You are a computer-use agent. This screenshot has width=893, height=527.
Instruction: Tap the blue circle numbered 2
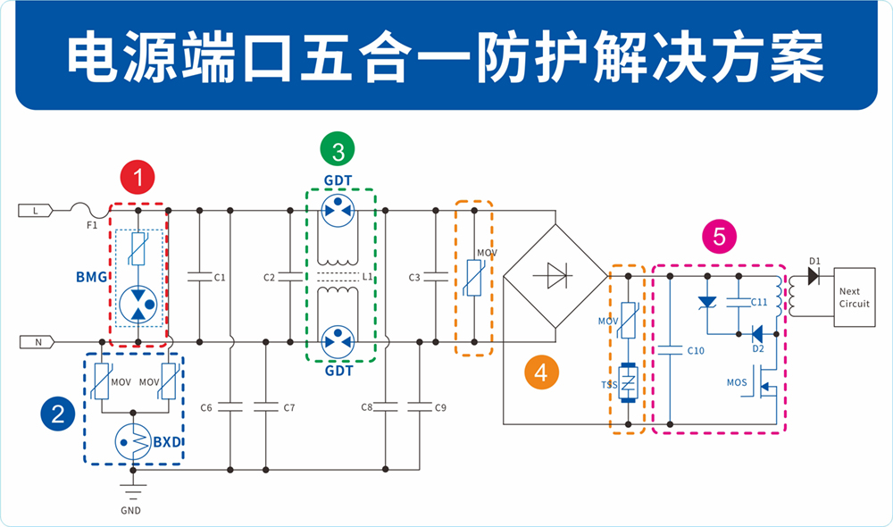(58, 413)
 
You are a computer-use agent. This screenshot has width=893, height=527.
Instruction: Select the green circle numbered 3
(338, 151)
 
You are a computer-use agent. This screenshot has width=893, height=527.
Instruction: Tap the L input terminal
(35, 211)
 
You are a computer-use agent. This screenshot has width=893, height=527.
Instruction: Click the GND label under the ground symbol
(131, 511)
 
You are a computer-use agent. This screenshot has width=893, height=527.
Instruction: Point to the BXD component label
(170, 441)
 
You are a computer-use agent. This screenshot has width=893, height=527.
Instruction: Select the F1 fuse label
(92, 226)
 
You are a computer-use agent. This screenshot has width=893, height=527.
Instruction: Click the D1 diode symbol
(814, 276)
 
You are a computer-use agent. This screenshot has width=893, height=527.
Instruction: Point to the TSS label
(610, 385)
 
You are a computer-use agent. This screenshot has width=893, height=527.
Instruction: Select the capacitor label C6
(206, 407)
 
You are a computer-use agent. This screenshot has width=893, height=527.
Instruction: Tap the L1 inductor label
(367, 277)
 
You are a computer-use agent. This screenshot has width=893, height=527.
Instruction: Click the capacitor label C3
(414, 278)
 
